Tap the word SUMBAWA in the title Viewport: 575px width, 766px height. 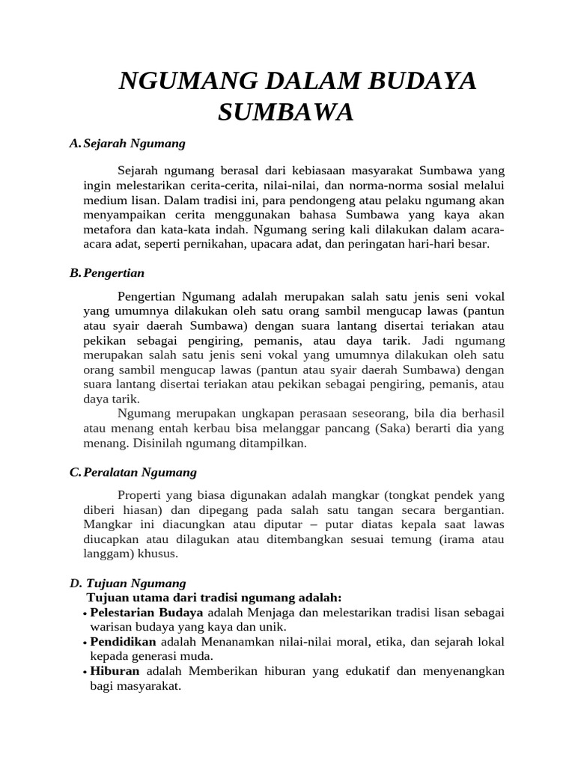pos(285,113)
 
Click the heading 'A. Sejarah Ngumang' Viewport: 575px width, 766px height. pos(127,143)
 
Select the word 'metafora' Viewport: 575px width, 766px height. pos(106,230)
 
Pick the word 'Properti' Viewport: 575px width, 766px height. pos(141,495)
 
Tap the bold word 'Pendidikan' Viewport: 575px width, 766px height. pos(123,642)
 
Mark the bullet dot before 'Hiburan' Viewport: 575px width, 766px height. pos(85,672)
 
